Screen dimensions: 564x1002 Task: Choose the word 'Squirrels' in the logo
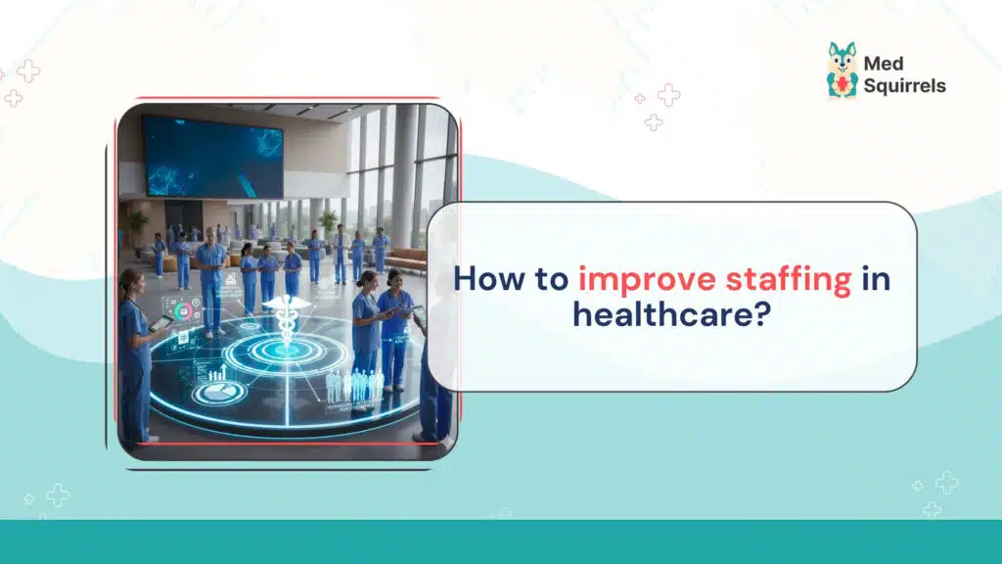(905, 86)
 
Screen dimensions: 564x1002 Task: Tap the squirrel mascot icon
(842, 70)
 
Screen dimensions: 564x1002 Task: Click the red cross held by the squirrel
(842, 86)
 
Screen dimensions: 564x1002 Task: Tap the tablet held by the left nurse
(161, 321)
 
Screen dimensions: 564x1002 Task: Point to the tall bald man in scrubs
(209, 274)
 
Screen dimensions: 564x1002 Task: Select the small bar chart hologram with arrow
(220, 372)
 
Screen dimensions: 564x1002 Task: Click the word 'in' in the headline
(876, 279)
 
